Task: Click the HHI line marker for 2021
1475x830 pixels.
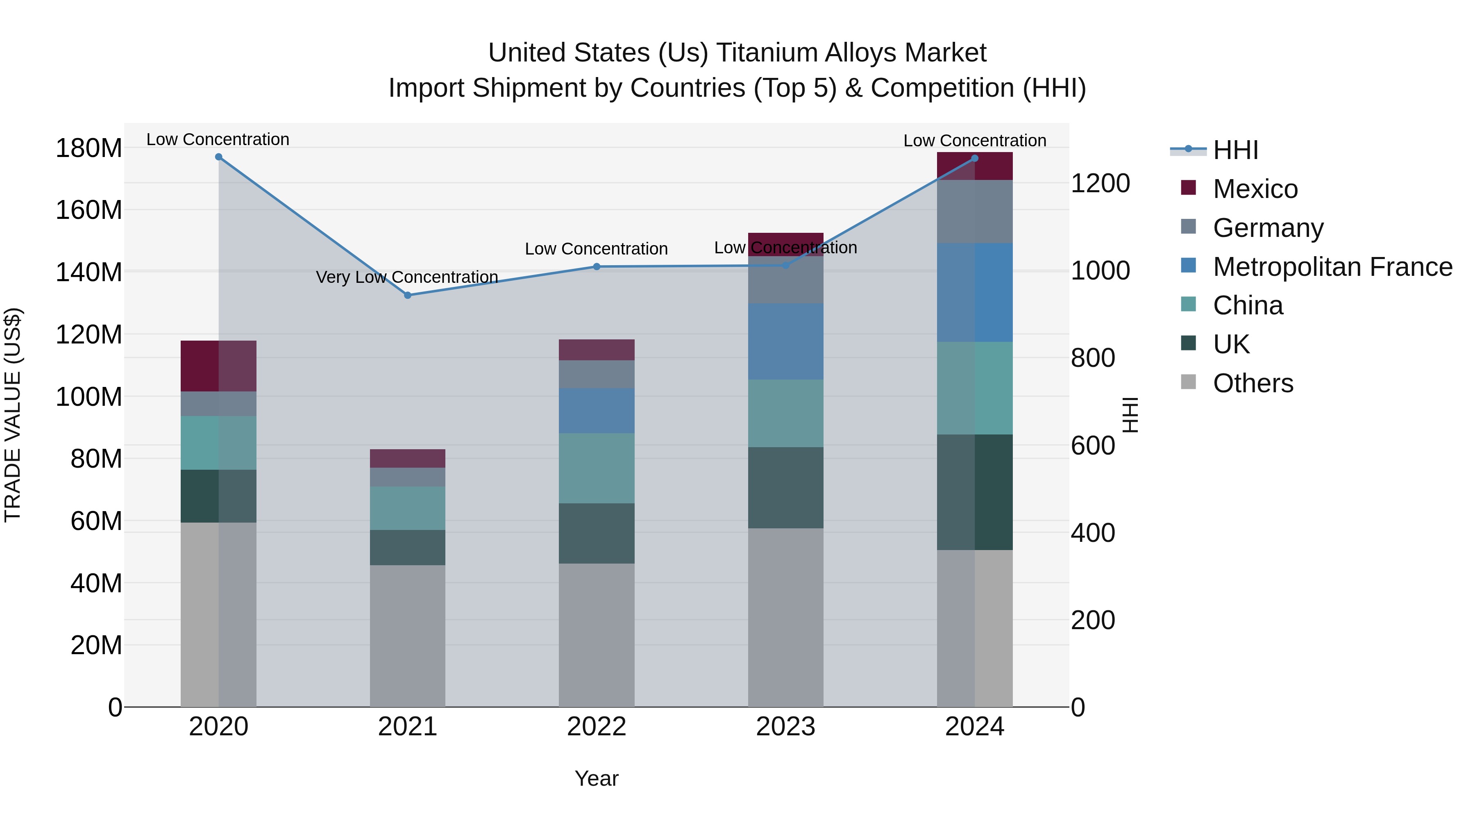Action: pyautogui.click(x=408, y=296)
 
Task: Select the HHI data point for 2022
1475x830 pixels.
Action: pyautogui.click(x=597, y=267)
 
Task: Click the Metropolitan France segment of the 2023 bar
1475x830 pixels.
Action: pyautogui.click(x=785, y=341)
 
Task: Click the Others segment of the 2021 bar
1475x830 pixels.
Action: pyautogui.click(x=408, y=636)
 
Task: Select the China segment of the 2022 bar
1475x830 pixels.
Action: pyautogui.click(x=597, y=468)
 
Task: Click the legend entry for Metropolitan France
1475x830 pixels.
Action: pyautogui.click(x=1332, y=267)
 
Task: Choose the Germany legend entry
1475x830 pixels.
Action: pyautogui.click(x=1268, y=228)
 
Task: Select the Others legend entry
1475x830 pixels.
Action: pyautogui.click(x=1253, y=383)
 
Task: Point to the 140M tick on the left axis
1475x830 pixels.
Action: pyautogui.click(x=89, y=272)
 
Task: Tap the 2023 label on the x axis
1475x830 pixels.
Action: pyautogui.click(x=785, y=727)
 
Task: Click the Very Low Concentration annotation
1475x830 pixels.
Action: pyautogui.click(x=407, y=277)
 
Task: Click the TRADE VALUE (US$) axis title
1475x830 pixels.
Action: pyautogui.click(x=13, y=415)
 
